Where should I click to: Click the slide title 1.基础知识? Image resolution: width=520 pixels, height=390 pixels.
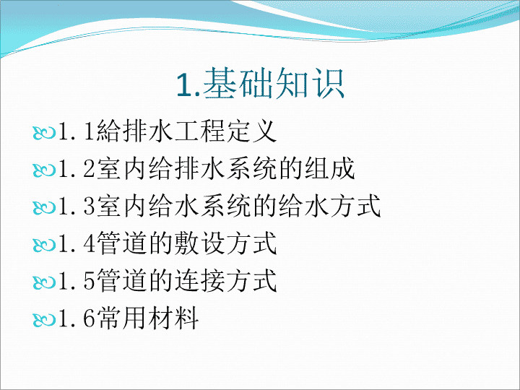point(260,83)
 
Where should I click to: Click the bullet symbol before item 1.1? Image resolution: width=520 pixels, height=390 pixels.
point(44,133)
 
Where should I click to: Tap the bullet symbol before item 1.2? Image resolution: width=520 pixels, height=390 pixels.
point(44,170)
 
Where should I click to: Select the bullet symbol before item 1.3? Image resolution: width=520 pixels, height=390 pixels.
point(44,207)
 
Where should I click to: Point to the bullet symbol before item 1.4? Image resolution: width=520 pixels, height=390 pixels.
point(44,245)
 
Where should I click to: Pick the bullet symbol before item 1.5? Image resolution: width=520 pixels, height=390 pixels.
point(44,282)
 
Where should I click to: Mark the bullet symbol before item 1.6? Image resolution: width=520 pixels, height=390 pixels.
point(44,320)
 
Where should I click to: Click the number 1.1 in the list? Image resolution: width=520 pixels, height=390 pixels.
point(77,131)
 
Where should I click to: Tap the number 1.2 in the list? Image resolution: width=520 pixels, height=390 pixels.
point(77,169)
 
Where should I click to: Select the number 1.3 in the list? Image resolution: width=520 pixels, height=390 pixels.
point(77,207)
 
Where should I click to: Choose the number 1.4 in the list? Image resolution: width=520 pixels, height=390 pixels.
point(77,244)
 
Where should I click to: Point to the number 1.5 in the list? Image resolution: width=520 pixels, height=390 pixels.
point(77,281)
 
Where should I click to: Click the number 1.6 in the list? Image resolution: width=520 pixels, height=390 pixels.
point(77,318)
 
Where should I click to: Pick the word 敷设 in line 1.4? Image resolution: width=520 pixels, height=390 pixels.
point(199,243)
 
